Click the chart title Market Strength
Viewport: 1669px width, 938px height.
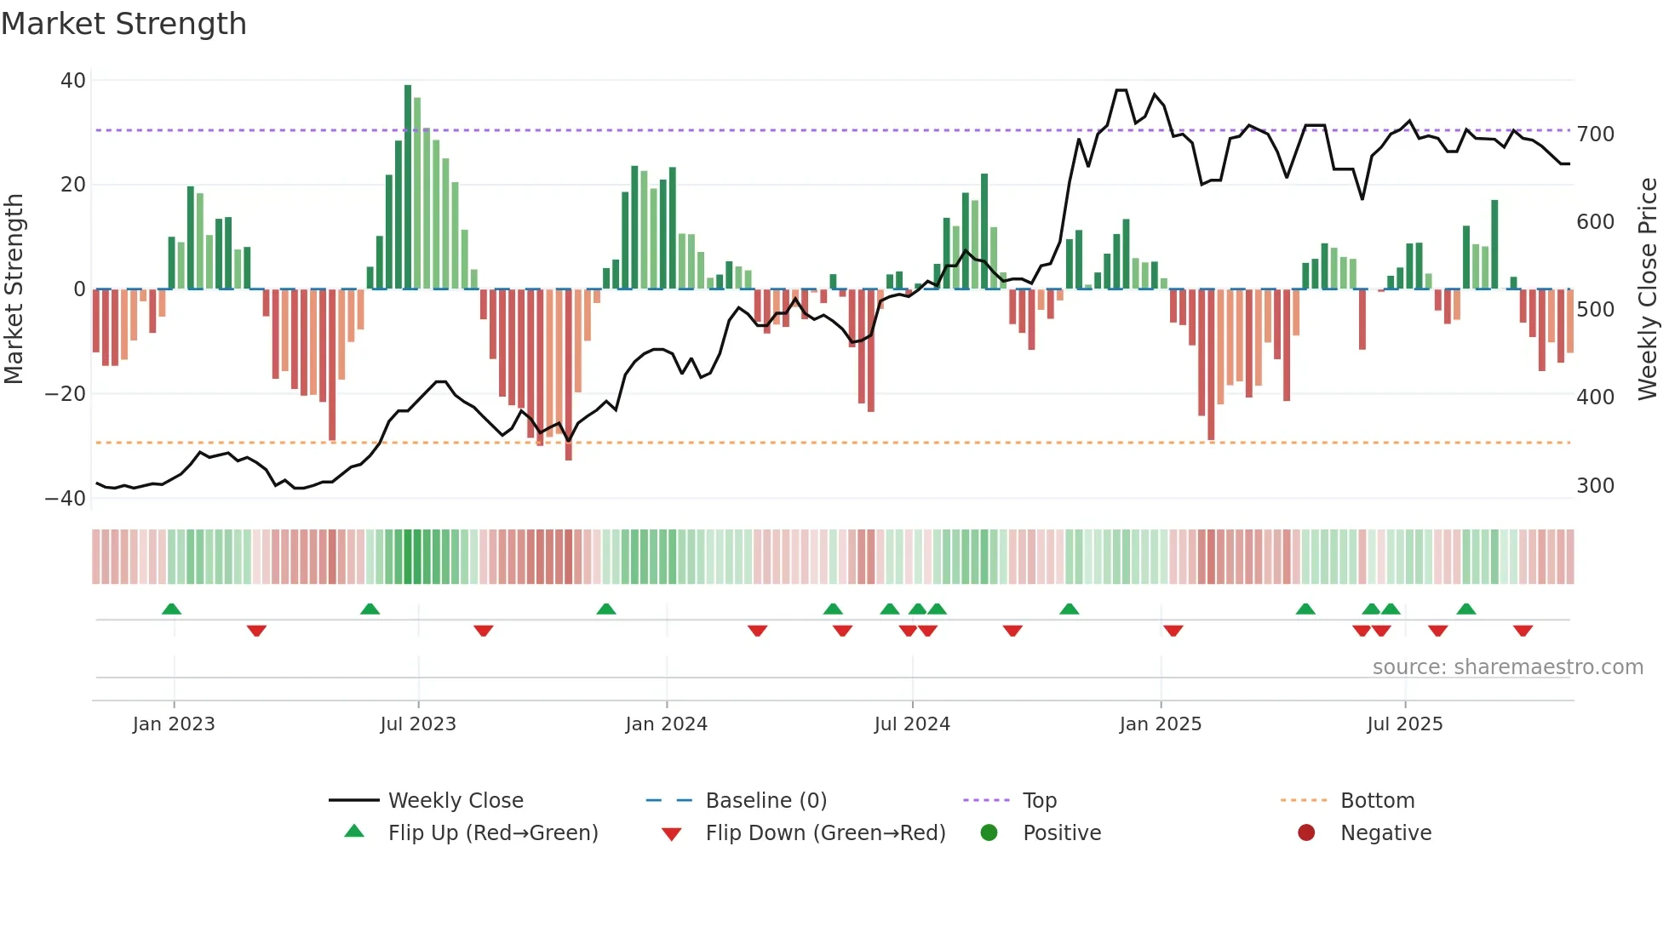click(123, 24)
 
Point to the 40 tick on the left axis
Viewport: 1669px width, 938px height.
click(73, 81)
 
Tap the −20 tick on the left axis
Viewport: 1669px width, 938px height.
click(66, 394)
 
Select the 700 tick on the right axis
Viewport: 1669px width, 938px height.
click(1595, 134)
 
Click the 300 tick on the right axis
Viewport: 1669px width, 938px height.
click(1595, 486)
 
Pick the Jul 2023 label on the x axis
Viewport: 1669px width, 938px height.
click(418, 724)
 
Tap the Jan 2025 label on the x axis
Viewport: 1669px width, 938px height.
click(1160, 724)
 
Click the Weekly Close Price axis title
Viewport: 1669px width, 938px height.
click(1648, 289)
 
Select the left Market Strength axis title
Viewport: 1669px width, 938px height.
click(14, 289)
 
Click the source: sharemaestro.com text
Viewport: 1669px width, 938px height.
click(1507, 667)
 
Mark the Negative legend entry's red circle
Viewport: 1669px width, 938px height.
click(1306, 832)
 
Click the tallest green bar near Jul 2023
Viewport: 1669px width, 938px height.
click(408, 187)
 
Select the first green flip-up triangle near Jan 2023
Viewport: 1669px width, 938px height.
click(171, 609)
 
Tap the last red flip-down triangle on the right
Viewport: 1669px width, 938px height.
click(1523, 631)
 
